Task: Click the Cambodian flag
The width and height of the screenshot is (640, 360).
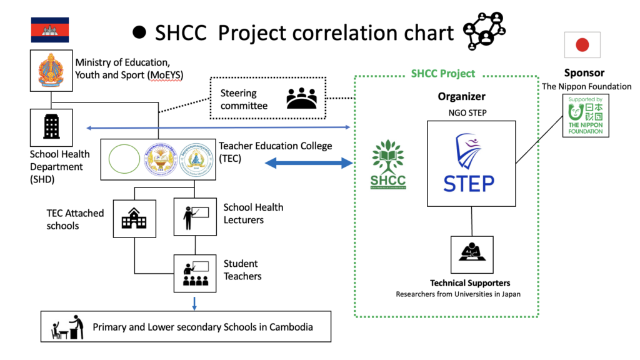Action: (x=50, y=29)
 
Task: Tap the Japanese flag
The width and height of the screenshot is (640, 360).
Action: (x=582, y=45)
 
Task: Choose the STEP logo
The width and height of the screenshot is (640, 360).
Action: (x=469, y=164)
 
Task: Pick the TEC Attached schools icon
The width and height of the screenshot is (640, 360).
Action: (x=134, y=218)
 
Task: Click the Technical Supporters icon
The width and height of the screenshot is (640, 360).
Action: (x=471, y=254)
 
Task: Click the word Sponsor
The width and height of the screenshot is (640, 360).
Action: (x=584, y=73)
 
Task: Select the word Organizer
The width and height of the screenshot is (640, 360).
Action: (x=461, y=97)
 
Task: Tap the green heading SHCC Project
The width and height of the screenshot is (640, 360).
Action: (x=442, y=74)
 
